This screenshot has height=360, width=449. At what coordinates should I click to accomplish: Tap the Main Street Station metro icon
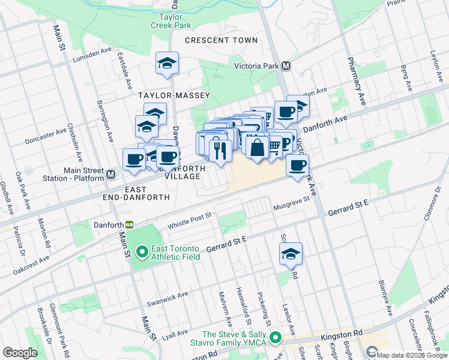(x=111, y=174)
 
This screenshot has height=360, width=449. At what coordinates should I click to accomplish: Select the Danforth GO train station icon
(x=129, y=225)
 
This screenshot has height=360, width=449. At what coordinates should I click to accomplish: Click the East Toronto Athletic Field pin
(x=142, y=251)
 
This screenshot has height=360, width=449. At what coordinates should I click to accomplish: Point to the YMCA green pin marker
(x=276, y=338)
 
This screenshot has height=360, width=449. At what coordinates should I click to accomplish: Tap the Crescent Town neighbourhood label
(x=221, y=40)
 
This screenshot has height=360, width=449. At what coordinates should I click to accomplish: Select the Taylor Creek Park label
(x=175, y=22)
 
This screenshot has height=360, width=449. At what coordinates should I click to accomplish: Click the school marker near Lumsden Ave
(x=167, y=63)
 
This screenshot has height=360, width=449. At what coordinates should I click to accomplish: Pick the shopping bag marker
(x=257, y=147)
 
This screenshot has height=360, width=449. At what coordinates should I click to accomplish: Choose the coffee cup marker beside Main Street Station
(x=133, y=159)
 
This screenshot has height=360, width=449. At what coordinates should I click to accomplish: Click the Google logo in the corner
(x=20, y=353)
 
